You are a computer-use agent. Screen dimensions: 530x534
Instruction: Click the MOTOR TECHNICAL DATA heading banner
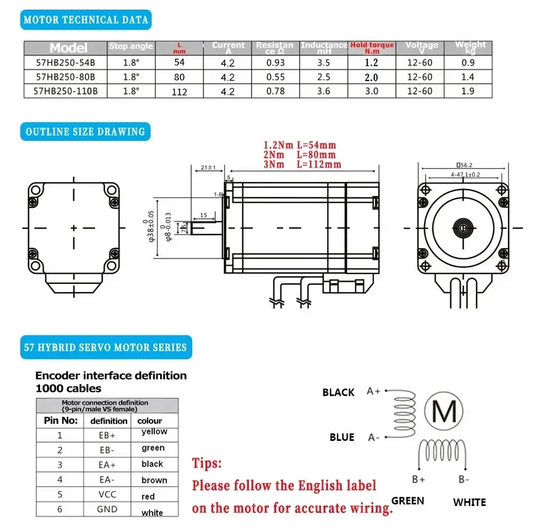click(85, 20)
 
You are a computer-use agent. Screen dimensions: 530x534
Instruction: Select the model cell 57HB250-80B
click(65, 77)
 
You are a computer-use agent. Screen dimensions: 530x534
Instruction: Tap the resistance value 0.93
click(274, 62)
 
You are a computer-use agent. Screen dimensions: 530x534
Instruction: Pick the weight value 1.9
click(468, 91)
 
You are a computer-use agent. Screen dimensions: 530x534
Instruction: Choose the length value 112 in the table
click(179, 92)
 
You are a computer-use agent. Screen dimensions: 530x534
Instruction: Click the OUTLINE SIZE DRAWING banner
click(85, 131)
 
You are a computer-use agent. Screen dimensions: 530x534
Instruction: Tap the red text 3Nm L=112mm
click(302, 164)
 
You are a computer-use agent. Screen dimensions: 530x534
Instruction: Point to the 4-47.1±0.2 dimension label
click(462, 175)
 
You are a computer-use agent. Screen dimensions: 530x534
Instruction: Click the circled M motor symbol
click(444, 411)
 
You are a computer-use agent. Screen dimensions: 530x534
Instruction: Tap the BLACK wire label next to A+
click(338, 392)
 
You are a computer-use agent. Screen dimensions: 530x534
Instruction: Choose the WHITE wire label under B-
click(469, 502)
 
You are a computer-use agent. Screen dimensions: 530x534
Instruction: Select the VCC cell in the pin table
click(107, 494)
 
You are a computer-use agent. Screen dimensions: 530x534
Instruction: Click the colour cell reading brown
click(154, 480)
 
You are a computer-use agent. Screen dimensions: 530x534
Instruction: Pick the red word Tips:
click(207, 463)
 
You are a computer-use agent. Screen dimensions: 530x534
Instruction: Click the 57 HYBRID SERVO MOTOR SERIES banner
click(105, 347)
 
